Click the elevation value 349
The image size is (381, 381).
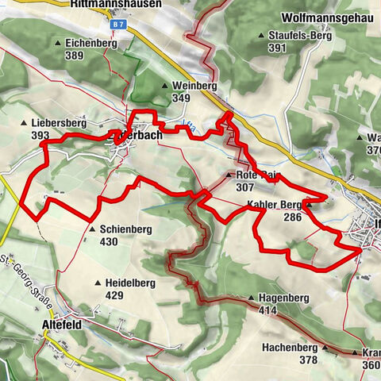pyautogui.click(x=180, y=97)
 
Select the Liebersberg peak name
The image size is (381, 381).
pyautogui.click(x=59, y=125)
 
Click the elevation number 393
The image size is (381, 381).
pyautogui.click(x=41, y=137)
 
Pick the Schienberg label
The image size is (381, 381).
pyautogui.click(x=125, y=229)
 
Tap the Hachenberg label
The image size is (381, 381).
pyautogui.click(x=290, y=348)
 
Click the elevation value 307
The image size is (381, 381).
pyautogui.click(x=245, y=187)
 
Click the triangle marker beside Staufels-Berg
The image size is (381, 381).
pyautogui.click(x=261, y=36)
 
